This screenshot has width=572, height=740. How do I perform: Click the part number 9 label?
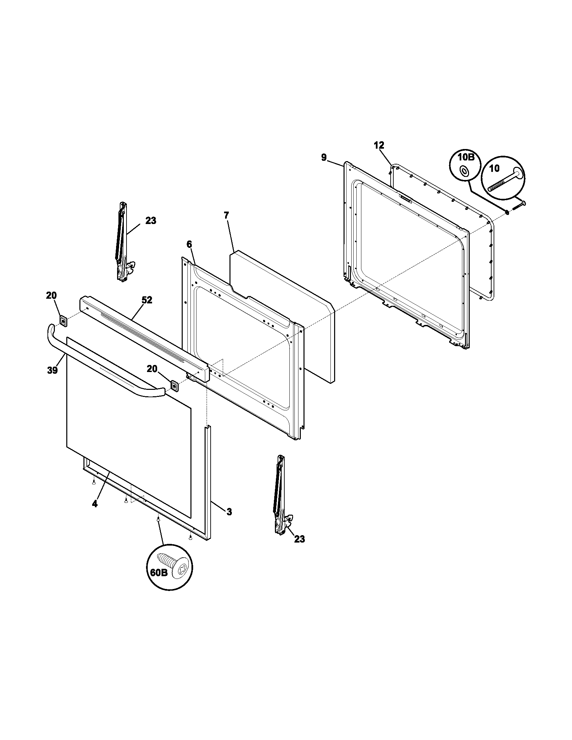(324, 157)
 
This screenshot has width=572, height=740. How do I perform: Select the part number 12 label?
(379, 145)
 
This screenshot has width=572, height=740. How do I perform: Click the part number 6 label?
(189, 244)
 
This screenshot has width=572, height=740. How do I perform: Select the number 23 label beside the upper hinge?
(151, 221)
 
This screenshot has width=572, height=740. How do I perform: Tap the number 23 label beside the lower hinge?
(299, 539)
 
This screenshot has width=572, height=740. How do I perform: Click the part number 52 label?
(147, 300)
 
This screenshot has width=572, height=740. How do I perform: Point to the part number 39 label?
(52, 370)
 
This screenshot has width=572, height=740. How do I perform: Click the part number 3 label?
(229, 521)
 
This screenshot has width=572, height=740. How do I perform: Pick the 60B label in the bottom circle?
(158, 572)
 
